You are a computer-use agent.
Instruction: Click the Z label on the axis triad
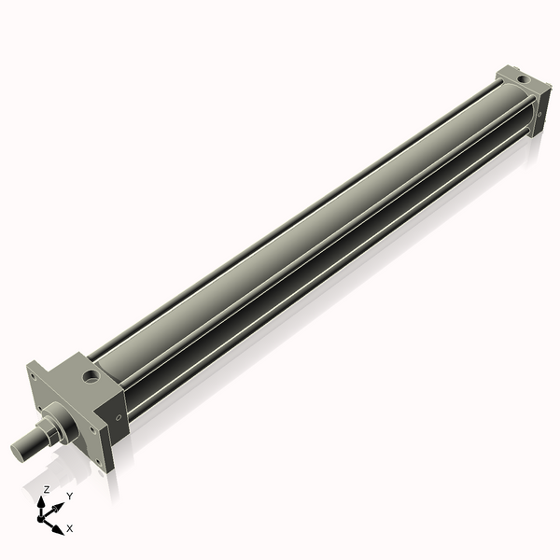pos(47,490)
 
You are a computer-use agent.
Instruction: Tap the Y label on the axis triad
pos(69,496)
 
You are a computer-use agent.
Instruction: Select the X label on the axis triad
pos(70,528)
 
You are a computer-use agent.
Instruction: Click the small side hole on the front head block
pos(118,416)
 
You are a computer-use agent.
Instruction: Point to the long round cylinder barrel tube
pos(308,233)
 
